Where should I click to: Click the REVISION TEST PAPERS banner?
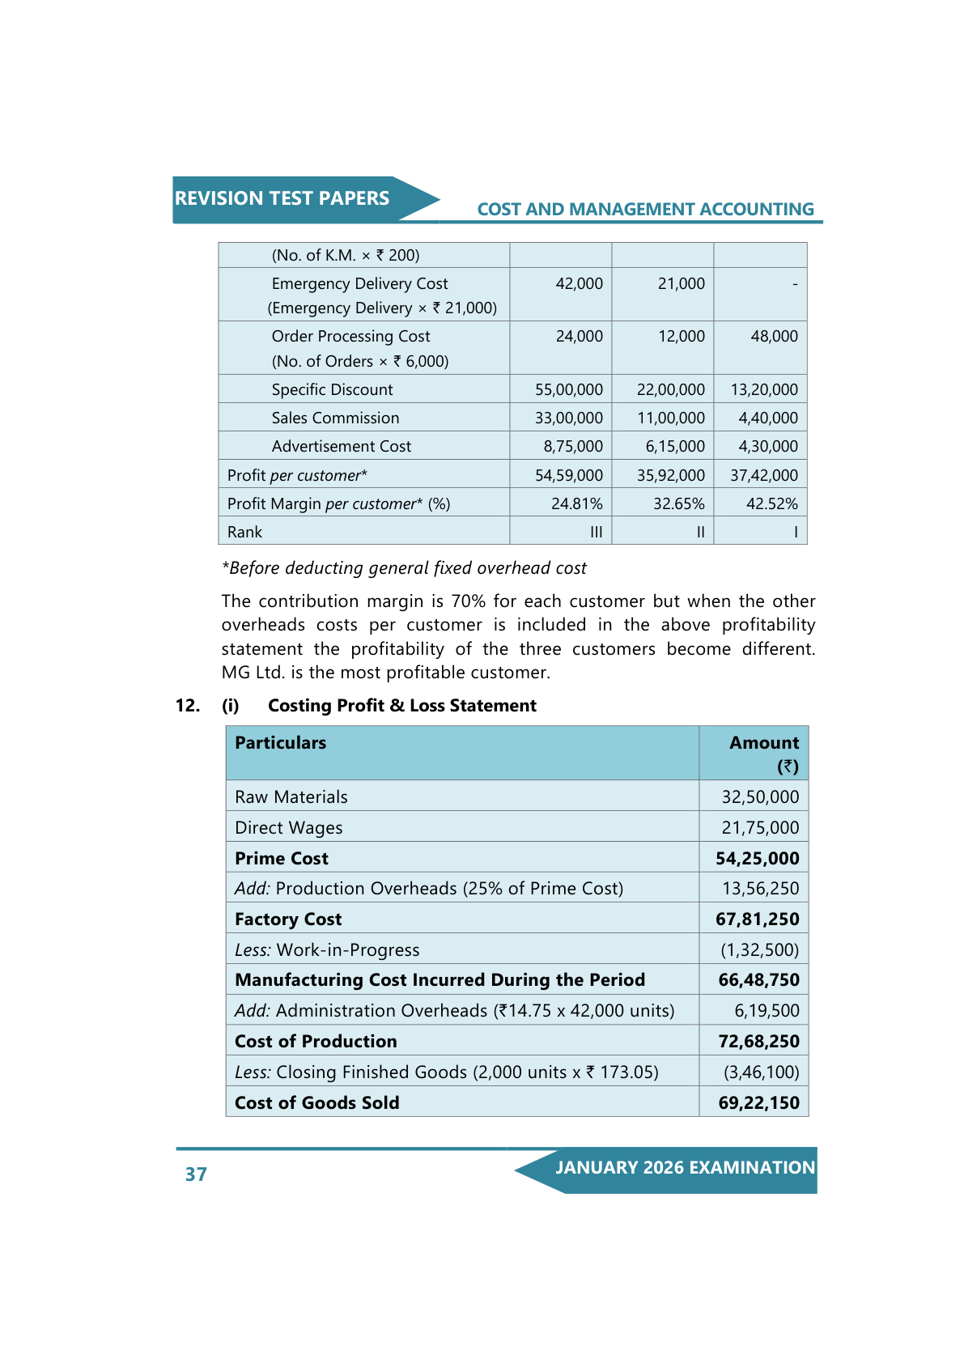[282, 199]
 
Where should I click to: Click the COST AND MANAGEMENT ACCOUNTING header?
[645, 210]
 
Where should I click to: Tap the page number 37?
[196, 1174]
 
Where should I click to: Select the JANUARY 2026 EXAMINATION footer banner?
[684, 1168]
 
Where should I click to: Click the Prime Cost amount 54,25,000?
[757, 859]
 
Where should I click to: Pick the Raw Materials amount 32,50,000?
[760, 797]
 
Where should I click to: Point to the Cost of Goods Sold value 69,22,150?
[758, 1103]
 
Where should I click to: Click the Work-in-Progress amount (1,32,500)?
[759, 950]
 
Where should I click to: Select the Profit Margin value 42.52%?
[771, 504]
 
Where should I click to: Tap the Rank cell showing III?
[596, 533]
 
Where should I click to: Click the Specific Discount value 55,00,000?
[568, 390]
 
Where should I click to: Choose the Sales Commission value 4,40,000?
[767, 418]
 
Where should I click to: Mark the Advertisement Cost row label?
[341, 447]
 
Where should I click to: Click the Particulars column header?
[280, 743]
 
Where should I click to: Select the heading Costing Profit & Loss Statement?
[401, 706]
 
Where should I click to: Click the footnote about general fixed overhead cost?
[404, 568]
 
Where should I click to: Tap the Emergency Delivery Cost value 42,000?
[579, 284]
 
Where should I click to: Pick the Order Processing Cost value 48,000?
[774, 337]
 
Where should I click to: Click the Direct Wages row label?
[288, 828]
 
